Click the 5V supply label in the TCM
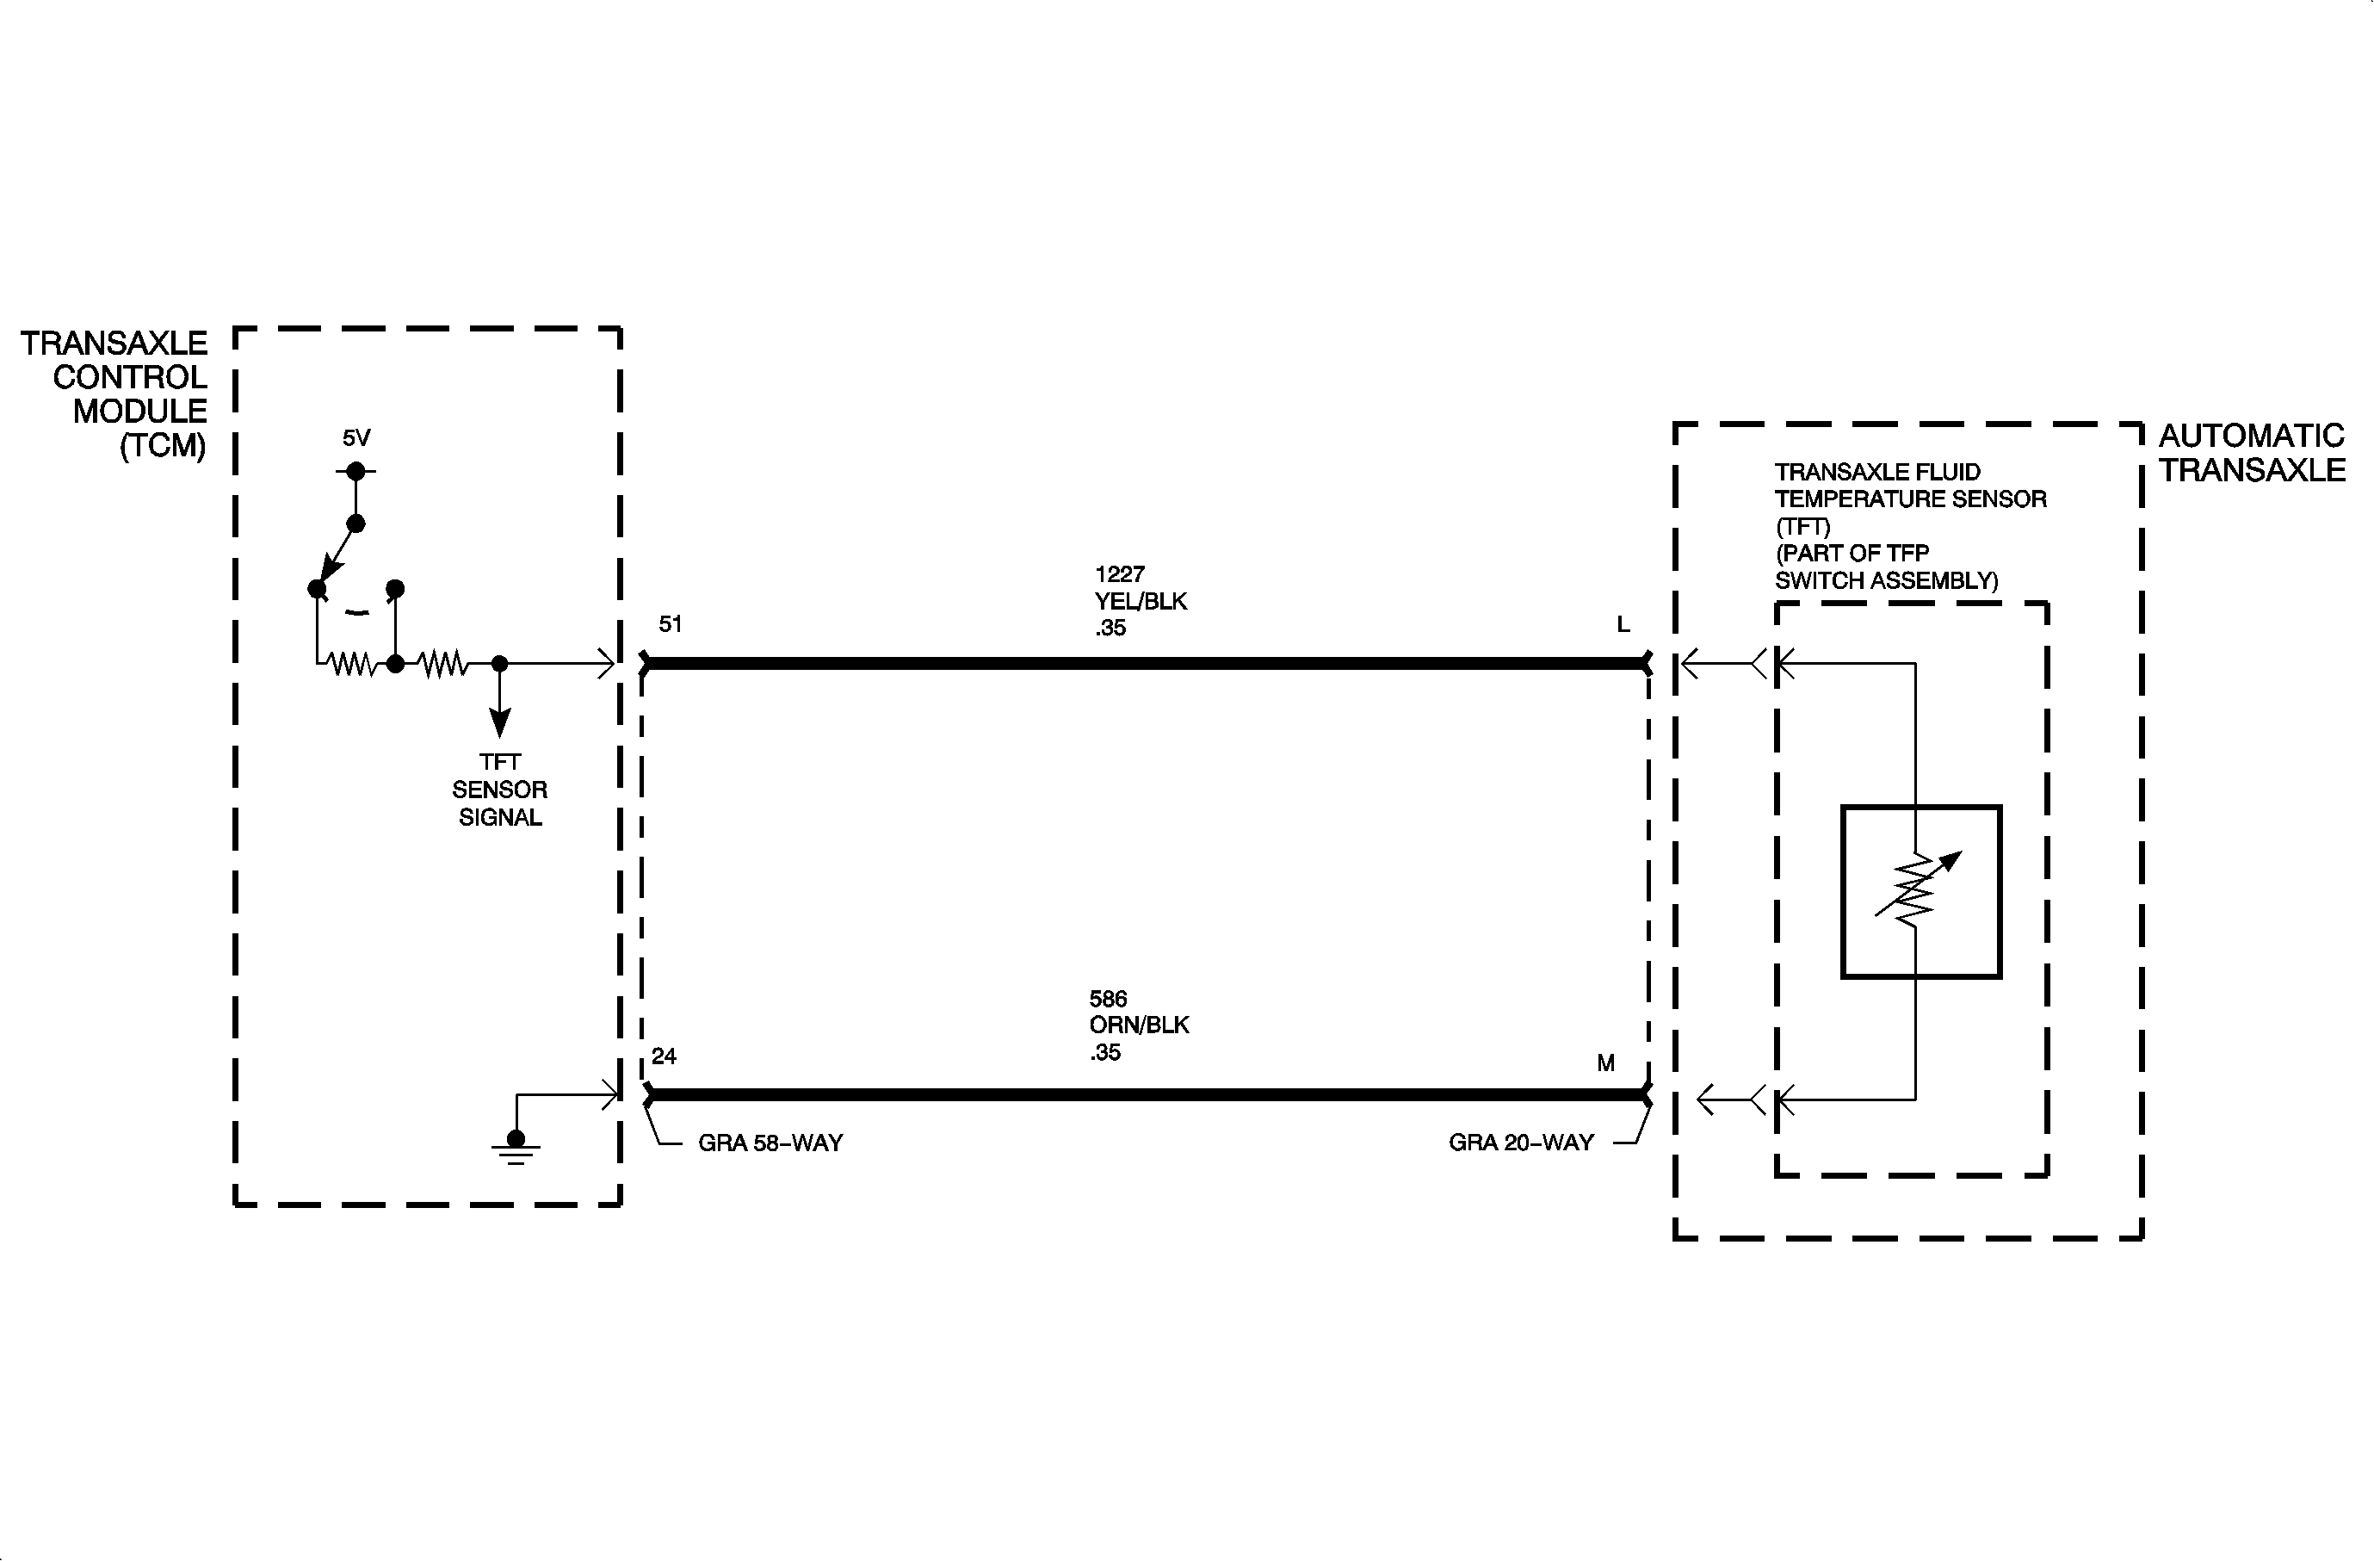coord(356,438)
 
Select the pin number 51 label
coord(671,624)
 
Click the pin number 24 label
coord(665,1056)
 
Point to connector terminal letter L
coord(1623,624)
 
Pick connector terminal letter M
coord(1606,1063)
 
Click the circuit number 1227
coord(1119,574)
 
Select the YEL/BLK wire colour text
coord(1141,602)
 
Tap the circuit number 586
coord(1108,999)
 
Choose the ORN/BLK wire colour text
coord(1139,1025)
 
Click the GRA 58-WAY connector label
coord(770,1143)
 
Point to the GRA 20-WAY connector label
coord(1521,1143)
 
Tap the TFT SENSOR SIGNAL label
coord(500,790)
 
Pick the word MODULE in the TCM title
coord(139,411)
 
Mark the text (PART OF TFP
coord(1852,554)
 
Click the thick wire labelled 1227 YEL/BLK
coord(1146,663)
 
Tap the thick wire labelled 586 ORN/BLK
coord(1146,1095)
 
